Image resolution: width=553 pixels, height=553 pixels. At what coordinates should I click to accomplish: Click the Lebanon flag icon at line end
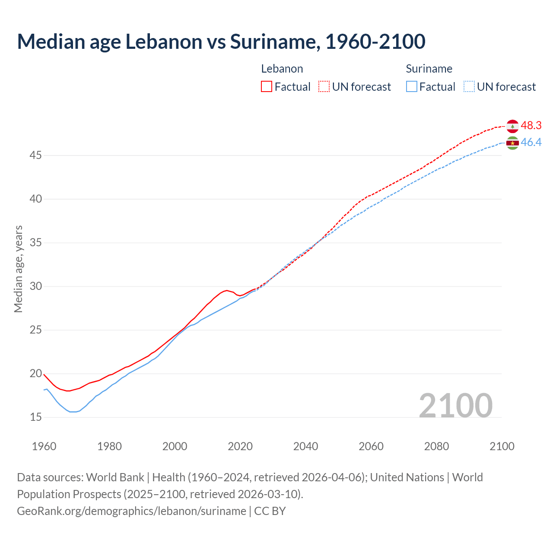[512, 126]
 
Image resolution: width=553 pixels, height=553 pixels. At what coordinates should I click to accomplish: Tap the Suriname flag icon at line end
[512, 143]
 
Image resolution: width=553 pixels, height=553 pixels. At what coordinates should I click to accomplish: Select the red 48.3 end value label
[531, 126]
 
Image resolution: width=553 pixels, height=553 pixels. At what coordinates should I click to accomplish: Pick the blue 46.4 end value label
[531, 143]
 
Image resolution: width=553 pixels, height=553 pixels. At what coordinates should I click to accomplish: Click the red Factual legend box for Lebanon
[267, 87]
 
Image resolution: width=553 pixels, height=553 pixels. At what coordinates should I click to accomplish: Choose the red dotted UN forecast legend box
[324, 87]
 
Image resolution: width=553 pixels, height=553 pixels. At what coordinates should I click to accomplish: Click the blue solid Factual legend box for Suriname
[411, 87]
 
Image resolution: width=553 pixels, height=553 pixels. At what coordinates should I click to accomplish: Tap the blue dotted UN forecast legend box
[469, 87]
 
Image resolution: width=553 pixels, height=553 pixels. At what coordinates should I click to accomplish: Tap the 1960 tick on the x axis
[44, 446]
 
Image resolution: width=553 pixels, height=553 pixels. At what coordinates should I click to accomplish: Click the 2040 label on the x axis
[305, 446]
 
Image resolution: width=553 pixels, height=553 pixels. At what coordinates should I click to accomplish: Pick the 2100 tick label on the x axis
[502, 446]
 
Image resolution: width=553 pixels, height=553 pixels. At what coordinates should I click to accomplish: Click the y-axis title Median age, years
[18, 269]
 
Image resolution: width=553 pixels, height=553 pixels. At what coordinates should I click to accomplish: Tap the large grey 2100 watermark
[455, 406]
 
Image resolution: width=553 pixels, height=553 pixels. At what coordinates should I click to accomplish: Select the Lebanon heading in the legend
[282, 69]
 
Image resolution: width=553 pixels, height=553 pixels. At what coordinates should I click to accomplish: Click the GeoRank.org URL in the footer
[131, 511]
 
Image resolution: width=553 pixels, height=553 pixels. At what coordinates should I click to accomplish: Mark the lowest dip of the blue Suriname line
[73, 412]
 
